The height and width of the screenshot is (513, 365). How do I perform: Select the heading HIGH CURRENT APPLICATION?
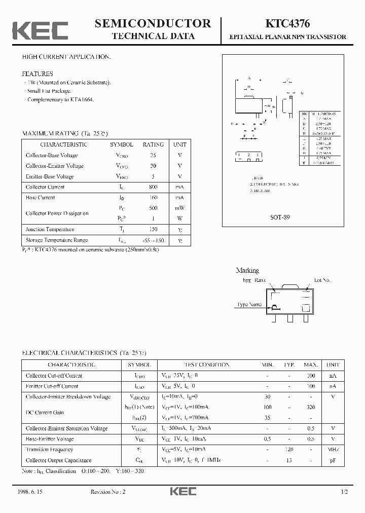click(x=66, y=57)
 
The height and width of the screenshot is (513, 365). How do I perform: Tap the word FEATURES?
click(x=38, y=74)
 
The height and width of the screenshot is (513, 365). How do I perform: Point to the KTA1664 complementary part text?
click(x=84, y=100)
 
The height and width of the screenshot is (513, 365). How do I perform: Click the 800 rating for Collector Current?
click(x=153, y=187)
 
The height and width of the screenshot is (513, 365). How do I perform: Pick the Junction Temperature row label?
click(x=50, y=230)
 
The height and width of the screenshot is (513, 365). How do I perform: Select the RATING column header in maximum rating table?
click(x=153, y=144)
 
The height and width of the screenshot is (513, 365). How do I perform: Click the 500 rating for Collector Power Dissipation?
click(x=153, y=208)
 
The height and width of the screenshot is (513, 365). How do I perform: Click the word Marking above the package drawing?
click(x=247, y=271)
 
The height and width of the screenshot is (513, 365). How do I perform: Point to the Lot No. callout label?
click(x=322, y=280)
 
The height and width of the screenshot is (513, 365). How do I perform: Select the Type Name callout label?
click(x=249, y=305)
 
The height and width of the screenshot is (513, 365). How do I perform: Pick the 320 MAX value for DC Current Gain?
click(x=311, y=407)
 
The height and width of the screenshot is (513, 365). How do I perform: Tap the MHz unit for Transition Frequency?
click(x=333, y=450)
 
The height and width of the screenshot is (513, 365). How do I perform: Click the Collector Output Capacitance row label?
click(x=58, y=460)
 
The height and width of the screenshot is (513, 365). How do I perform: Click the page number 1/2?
click(x=345, y=492)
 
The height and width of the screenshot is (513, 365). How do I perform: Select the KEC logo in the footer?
click(x=182, y=492)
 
